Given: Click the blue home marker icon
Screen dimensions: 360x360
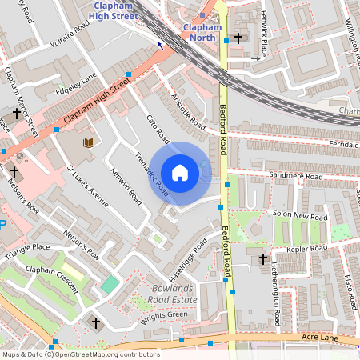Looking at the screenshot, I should point(180,173).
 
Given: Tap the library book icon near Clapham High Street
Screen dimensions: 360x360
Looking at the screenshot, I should point(89,142).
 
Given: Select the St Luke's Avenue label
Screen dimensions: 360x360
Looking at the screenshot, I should point(87,187).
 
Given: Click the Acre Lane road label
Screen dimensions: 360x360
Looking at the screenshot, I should point(320,338).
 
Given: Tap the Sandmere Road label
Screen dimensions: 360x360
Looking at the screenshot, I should point(296,176).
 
